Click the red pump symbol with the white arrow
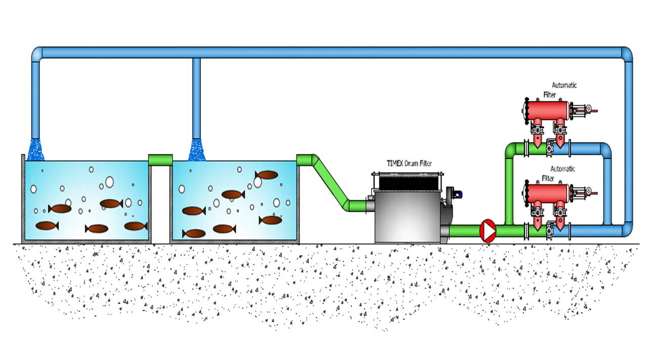tap(487, 230)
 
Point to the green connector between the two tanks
tap(160, 159)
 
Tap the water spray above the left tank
tap(35, 150)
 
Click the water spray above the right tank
tap(197, 150)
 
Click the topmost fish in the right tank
tap(267, 175)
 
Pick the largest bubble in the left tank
tap(109, 182)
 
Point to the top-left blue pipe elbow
tap(36, 53)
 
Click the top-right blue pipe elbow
tap(627, 53)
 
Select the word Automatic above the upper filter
tap(564, 86)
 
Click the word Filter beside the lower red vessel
tap(548, 178)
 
